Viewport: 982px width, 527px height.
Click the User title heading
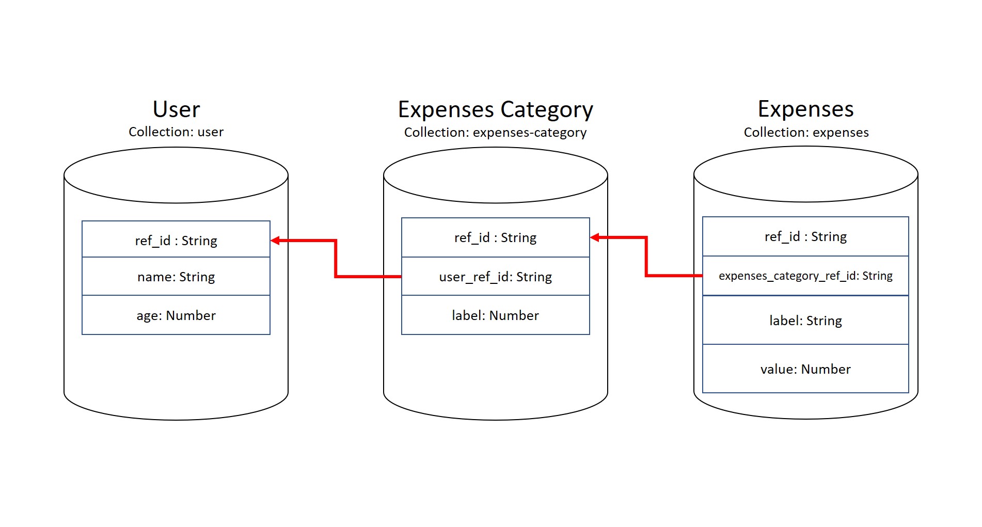click(176, 109)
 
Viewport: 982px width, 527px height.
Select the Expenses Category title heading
click(495, 110)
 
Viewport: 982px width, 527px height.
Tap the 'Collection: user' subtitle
click(176, 132)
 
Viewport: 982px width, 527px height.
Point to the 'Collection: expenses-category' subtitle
click(495, 133)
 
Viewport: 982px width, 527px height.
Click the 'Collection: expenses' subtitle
click(806, 133)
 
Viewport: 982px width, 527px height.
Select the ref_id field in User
click(176, 241)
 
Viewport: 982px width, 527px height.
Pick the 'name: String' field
click(176, 277)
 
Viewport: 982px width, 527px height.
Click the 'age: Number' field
click(176, 315)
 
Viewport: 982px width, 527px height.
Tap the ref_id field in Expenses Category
click(495, 237)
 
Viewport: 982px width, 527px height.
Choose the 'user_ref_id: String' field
click(495, 277)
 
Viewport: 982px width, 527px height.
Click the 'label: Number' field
click(495, 315)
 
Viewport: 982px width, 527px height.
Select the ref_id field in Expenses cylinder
click(805, 236)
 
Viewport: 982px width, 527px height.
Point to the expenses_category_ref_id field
click(805, 276)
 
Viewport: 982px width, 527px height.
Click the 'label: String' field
click(805, 321)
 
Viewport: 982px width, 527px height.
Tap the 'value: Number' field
click(805, 369)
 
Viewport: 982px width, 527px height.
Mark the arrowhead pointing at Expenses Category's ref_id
click(595, 237)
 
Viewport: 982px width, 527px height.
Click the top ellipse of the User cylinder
click(176, 175)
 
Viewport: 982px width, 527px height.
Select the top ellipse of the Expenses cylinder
click(805, 174)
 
